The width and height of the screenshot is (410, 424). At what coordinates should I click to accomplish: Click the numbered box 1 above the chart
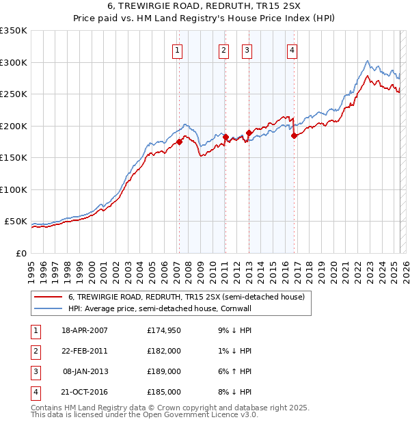click(177, 49)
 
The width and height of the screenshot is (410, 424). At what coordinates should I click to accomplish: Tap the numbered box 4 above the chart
click(292, 49)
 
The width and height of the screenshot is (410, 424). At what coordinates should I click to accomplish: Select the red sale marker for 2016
click(294, 135)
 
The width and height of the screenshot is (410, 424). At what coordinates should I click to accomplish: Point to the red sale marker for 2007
click(179, 142)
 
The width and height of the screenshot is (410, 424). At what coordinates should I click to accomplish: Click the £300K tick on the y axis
click(14, 62)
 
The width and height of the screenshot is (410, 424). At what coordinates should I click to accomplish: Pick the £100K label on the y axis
click(14, 189)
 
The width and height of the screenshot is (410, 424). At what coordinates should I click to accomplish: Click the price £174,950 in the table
click(164, 331)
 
